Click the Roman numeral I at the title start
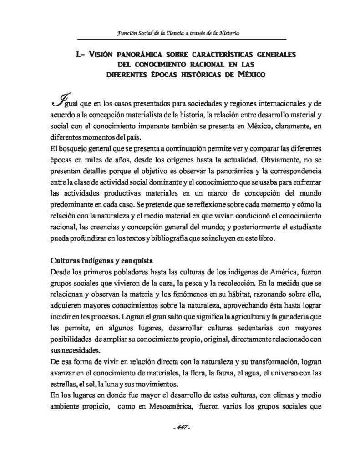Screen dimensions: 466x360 76,54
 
